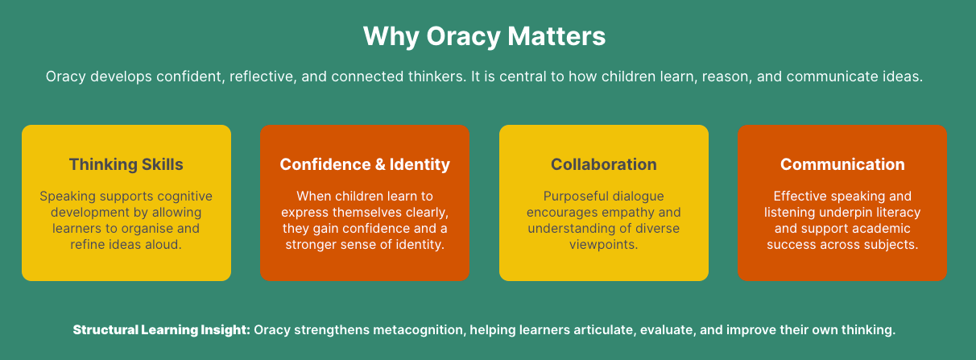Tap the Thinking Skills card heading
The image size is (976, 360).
126,164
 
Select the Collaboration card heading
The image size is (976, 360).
604,164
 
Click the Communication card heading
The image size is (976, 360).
842,164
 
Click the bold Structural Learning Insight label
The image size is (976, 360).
162,330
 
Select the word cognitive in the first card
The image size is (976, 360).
185,196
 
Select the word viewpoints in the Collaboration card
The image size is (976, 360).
604,245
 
